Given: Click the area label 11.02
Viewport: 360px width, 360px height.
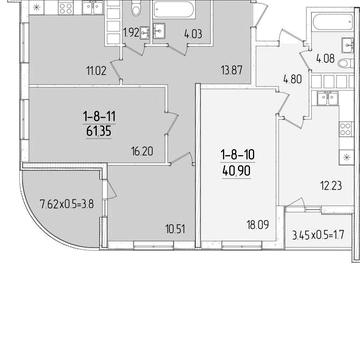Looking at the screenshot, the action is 96,71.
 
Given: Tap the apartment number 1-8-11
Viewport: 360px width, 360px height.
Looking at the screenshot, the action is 99,117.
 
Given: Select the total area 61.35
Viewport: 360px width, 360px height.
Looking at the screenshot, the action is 99,131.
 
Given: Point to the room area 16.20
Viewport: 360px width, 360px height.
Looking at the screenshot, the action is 142,151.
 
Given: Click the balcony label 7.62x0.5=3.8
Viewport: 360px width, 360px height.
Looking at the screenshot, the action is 67,203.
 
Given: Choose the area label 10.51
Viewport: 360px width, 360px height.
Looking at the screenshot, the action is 175,229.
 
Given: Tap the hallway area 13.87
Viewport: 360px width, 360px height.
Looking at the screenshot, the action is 231,70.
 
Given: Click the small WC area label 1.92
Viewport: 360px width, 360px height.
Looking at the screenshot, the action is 131,33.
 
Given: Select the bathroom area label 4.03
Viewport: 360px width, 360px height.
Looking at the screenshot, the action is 193,34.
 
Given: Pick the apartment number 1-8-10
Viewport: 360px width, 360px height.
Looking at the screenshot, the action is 237,155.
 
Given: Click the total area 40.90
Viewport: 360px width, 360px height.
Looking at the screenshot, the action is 236,172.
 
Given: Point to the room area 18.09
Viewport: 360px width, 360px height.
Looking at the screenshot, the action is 258,225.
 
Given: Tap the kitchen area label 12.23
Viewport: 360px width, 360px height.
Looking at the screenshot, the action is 331,186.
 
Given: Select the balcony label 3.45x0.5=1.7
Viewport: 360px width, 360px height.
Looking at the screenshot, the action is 318,236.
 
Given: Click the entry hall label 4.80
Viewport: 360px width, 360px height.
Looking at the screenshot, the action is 292,80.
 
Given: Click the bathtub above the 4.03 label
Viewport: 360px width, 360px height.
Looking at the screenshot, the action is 173,9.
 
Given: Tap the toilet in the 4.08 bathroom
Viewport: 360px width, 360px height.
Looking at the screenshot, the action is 345,63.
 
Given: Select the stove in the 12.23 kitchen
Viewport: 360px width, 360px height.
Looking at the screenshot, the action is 346,129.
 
